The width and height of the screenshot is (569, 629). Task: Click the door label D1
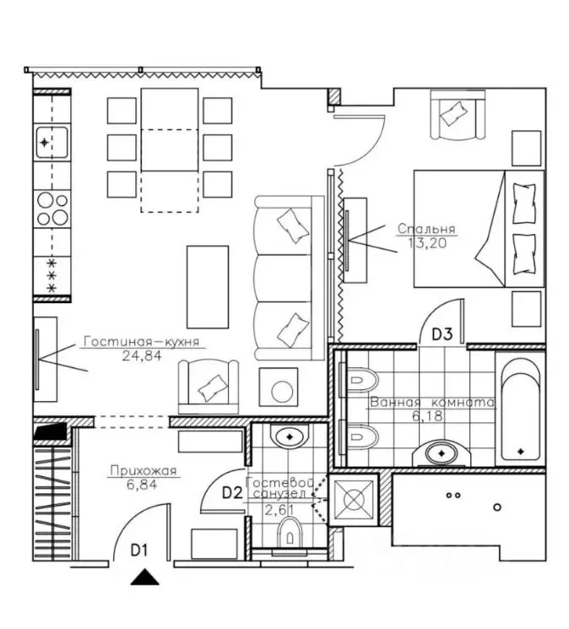pyautogui.click(x=139, y=550)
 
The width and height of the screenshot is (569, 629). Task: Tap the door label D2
pyautogui.click(x=232, y=492)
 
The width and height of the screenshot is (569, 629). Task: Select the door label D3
pyautogui.click(x=442, y=333)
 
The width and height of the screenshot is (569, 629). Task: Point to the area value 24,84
pyautogui.click(x=142, y=355)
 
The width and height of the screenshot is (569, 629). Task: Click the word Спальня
pyautogui.click(x=426, y=229)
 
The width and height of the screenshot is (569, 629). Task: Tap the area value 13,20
pyautogui.click(x=427, y=242)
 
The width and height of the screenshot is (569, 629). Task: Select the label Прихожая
pyautogui.click(x=144, y=470)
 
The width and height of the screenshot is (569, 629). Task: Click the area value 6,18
pyautogui.click(x=428, y=416)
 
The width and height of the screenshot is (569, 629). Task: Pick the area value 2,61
pyautogui.click(x=279, y=510)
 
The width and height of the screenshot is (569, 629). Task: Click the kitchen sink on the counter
pyautogui.click(x=51, y=143)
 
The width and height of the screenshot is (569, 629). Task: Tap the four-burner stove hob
pyautogui.click(x=52, y=209)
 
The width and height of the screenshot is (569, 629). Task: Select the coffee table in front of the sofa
pyautogui.click(x=208, y=287)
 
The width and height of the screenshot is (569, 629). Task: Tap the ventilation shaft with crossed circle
pyautogui.click(x=353, y=500)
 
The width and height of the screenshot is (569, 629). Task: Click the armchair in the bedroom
pyautogui.click(x=458, y=114)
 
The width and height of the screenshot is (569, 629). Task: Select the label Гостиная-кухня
pyautogui.click(x=142, y=342)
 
